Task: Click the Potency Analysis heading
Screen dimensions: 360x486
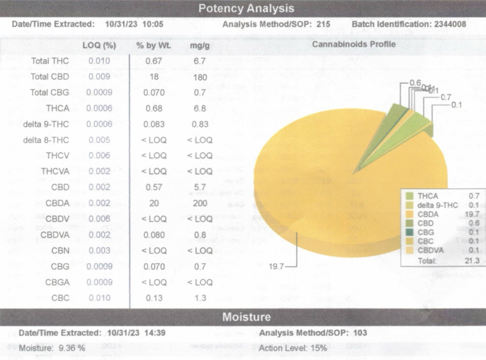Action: coord(246,8)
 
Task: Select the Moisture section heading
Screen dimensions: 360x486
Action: coord(246,317)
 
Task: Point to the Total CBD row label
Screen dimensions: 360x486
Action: coord(50,77)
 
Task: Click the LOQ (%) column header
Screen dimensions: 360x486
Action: coord(99,45)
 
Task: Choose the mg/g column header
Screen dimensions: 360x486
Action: coord(200,45)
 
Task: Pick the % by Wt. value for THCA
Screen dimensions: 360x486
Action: coord(154,108)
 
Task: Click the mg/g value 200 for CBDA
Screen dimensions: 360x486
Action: coord(200,203)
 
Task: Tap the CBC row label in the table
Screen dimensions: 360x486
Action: coord(60,298)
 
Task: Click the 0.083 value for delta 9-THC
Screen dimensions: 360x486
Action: coord(154,124)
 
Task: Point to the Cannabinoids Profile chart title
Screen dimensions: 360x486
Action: coord(353,44)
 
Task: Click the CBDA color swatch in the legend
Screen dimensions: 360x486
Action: coord(408,214)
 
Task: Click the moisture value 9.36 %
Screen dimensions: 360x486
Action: coord(72,348)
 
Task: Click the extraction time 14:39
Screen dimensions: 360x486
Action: coord(155,333)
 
